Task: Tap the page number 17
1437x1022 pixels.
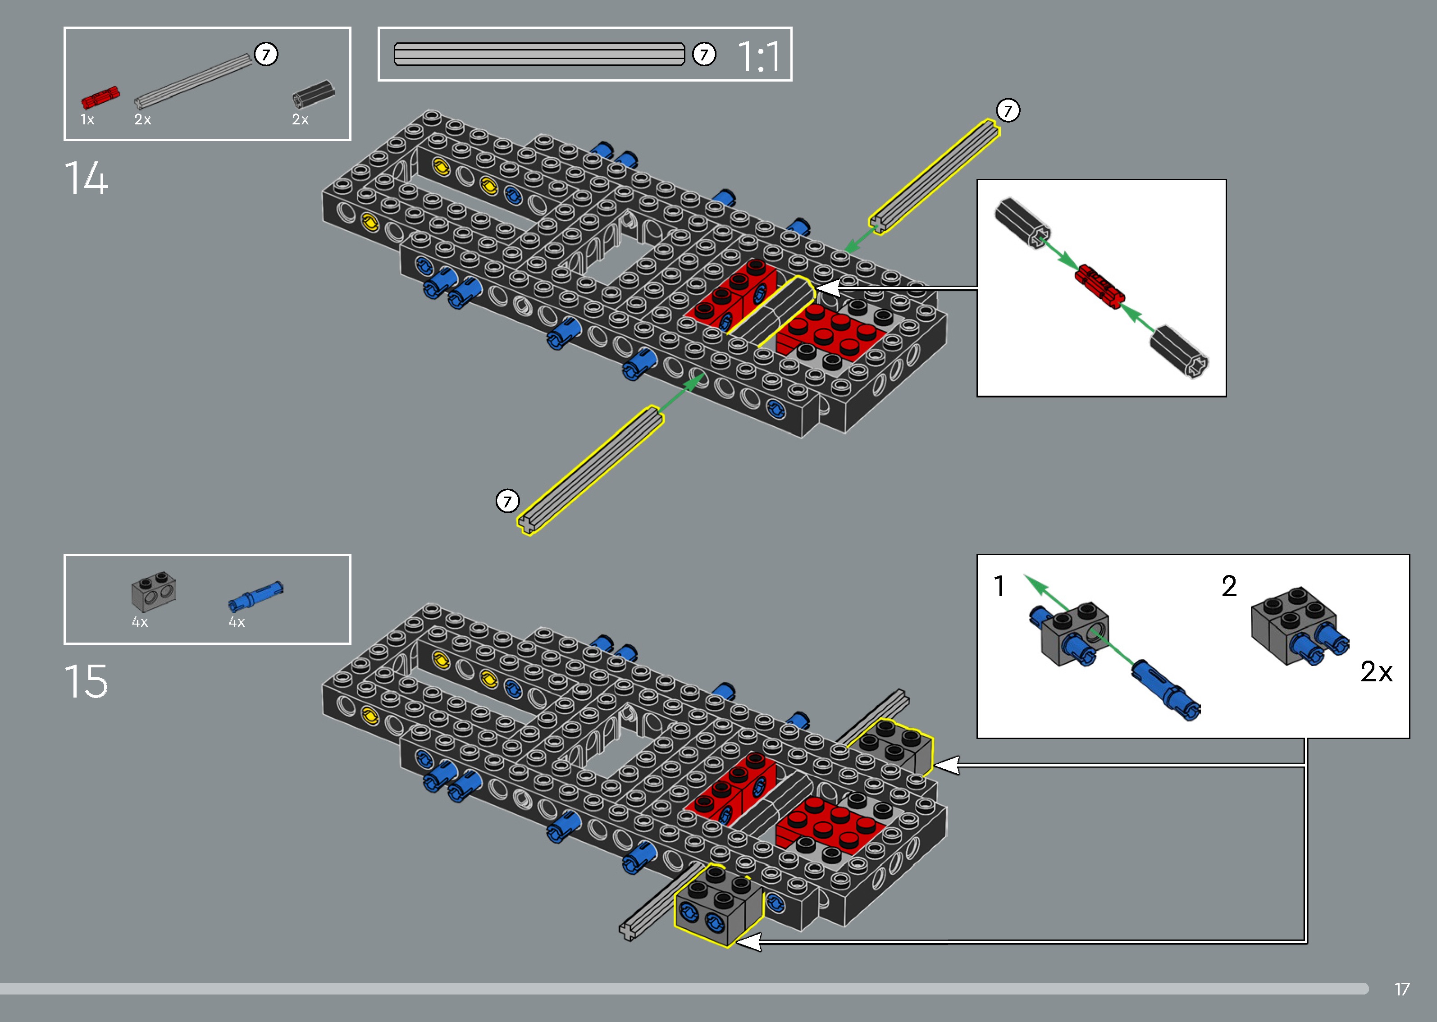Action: (1402, 989)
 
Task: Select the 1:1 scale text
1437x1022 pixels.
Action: (759, 57)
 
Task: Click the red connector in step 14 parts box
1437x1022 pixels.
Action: (100, 98)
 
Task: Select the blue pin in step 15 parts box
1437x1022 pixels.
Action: (255, 595)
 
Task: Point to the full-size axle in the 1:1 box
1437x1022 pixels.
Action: (539, 54)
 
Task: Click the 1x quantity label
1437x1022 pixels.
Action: (87, 119)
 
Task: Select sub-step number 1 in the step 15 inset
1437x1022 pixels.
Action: (999, 587)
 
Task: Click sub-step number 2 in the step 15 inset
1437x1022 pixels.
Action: (1229, 587)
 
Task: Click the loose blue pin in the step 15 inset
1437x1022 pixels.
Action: (1166, 690)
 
